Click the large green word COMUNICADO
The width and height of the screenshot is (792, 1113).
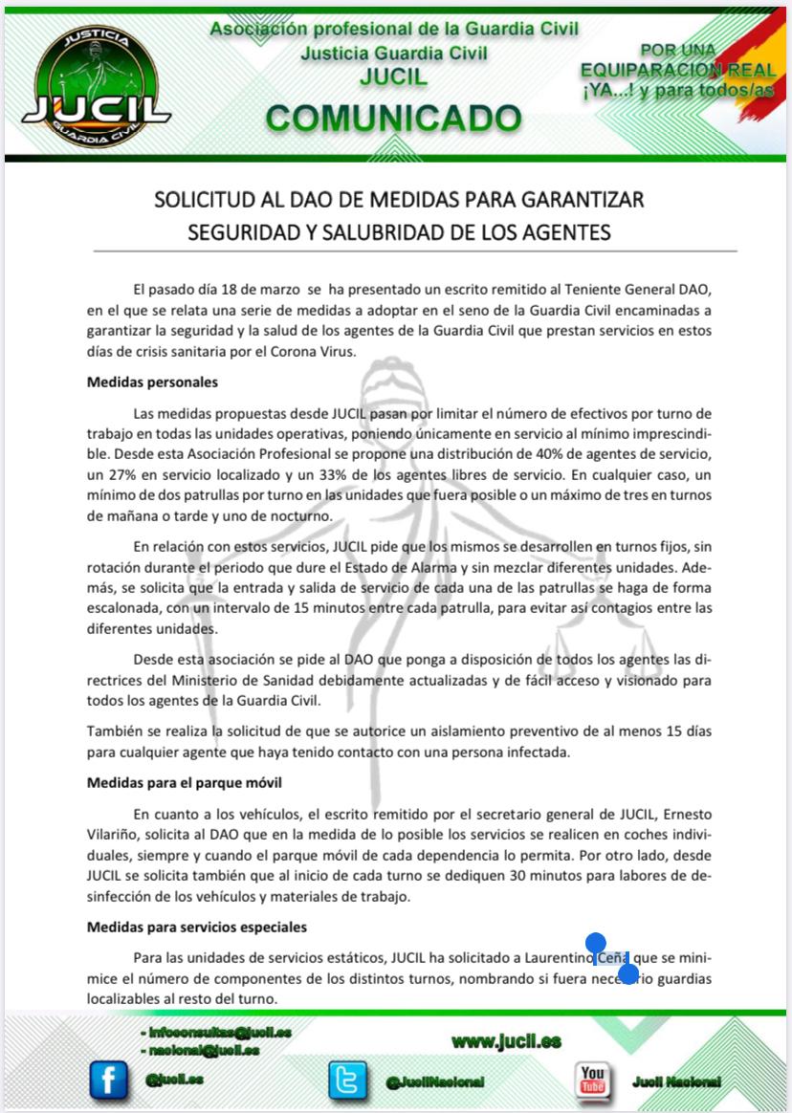point(394,118)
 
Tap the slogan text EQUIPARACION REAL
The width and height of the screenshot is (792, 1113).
point(677,70)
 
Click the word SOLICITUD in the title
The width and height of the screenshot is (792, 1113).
point(197,200)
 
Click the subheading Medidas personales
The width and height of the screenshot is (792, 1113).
point(152,382)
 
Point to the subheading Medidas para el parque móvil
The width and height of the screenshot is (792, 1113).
point(184,782)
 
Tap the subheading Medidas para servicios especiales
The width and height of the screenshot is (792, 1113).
point(197,927)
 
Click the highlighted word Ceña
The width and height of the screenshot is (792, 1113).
point(612,958)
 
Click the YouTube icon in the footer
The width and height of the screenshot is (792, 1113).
point(593,1080)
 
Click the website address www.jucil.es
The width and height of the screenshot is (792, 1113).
point(506,1041)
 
